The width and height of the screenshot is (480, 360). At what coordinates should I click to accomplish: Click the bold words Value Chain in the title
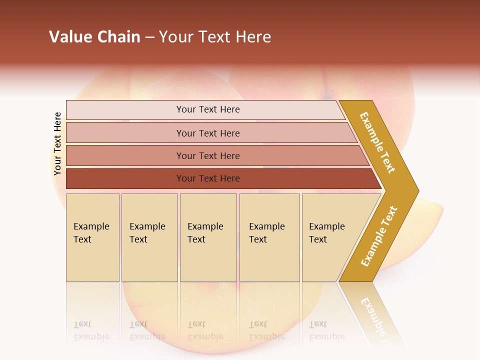point(94,37)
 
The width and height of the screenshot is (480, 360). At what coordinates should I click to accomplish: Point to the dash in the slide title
point(149,37)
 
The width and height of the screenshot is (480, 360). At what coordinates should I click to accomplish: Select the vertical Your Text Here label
point(57,143)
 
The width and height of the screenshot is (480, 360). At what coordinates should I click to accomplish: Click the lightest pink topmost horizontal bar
point(207,109)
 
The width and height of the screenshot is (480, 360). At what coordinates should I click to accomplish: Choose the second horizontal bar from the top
point(207,133)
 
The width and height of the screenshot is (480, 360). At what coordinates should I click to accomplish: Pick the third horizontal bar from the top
point(207,155)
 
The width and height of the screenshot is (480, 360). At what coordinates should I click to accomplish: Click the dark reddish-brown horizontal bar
point(207,178)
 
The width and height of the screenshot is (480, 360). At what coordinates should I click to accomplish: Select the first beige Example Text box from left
point(92,237)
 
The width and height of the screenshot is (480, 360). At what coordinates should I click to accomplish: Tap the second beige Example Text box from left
point(149,237)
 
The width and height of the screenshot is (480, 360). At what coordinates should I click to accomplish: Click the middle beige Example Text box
point(208,237)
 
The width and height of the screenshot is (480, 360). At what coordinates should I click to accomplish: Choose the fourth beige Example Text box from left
point(269,237)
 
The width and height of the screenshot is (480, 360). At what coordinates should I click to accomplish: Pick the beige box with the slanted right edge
point(330,237)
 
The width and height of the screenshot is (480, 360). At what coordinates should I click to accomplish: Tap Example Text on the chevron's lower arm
point(379,236)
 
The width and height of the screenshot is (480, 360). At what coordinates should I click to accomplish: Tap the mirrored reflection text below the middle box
point(205,331)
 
